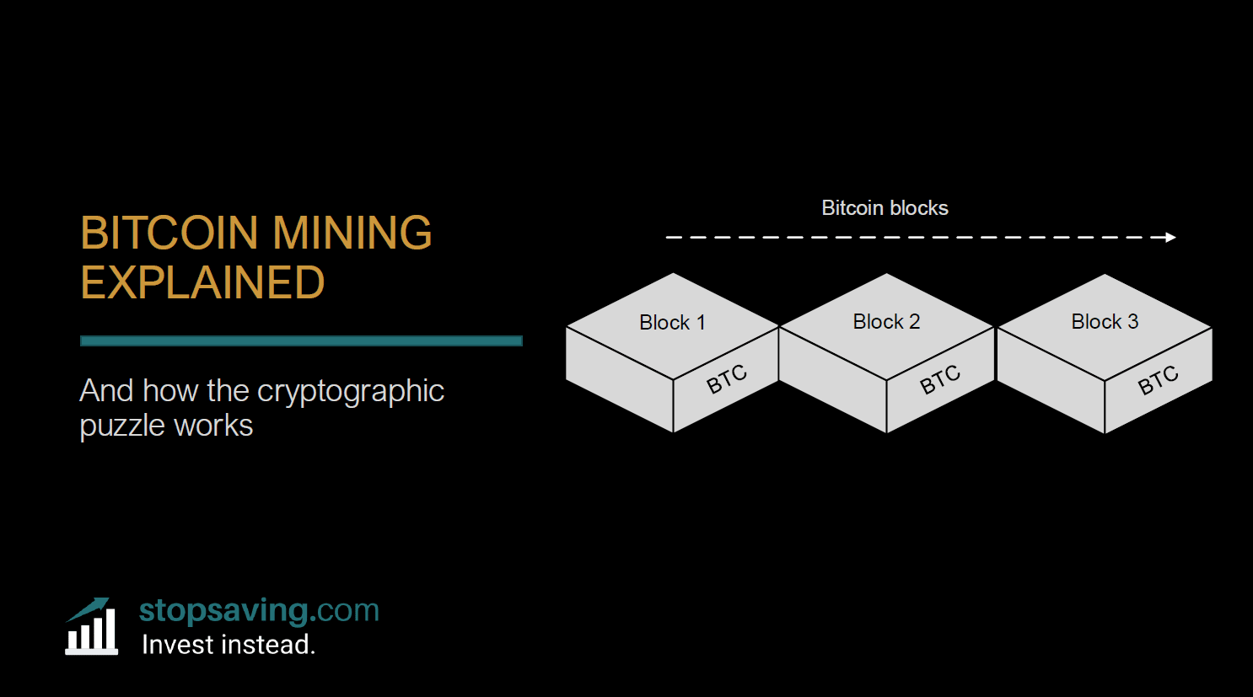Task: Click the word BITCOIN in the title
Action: pyautogui.click(x=169, y=233)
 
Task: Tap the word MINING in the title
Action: pyautogui.click(x=352, y=233)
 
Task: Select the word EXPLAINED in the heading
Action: pyautogui.click(x=202, y=283)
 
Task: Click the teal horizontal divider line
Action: pyautogui.click(x=301, y=341)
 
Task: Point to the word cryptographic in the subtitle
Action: pyautogui.click(x=350, y=392)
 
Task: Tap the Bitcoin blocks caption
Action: pyautogui.click(x=885, y=208)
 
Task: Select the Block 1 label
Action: pyautogui.click(x=672, y=323)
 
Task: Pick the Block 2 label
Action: pyautogui.click(x=886, y=322)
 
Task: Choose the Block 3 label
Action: pyautogui.click(x=1105, y=322)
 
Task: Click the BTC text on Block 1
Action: pyautogui.click(x=727, y=380)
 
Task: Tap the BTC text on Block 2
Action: pyautogui.click(x=940, y=380)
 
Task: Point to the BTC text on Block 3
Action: pyautogui.click(x=1159, y=380)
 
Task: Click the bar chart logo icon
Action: pyautogui.click(x=91, y=627)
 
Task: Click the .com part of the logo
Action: pyautogui.click(x=344, y=610)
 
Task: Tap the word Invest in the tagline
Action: pyautogui.click(x=174, y=645)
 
